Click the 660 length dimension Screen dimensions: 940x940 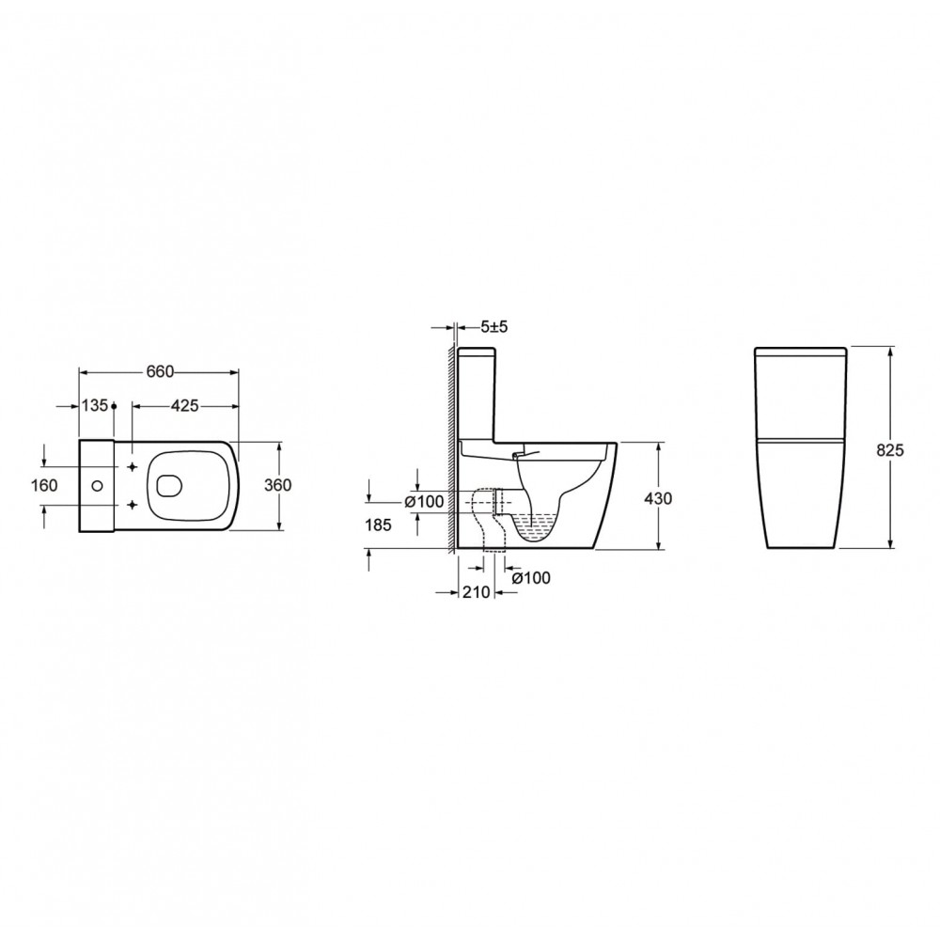click(x=160, y=371)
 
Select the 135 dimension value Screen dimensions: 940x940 click(x=95, y=406)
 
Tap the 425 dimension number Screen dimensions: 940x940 click(x=184, y=406)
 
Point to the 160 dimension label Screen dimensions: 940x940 click(x=44, y=485)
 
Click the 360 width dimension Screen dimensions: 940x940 click(x=277, y=485)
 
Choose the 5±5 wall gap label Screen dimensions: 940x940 click(x=494, y=327)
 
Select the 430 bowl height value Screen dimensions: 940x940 click(x=658, y=498)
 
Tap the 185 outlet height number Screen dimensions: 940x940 click(x=378, y=525)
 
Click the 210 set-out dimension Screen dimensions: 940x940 click(x=476, y=592)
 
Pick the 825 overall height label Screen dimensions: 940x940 click(x=889, y=450)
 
